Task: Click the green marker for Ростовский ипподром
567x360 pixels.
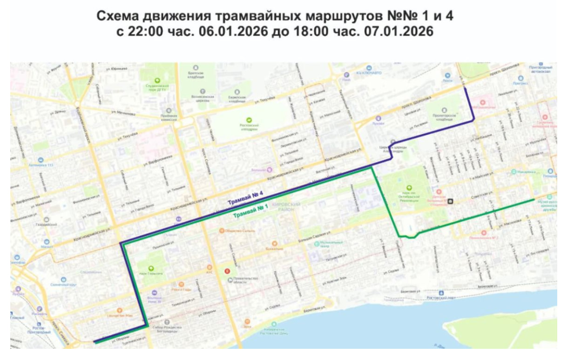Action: [x=249, y=120]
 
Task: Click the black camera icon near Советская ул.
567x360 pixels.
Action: [x=451, y=202]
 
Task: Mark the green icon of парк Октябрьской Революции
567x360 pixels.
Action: [x=409, y=188]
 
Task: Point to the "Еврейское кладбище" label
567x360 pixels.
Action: [x=237, y=97]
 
